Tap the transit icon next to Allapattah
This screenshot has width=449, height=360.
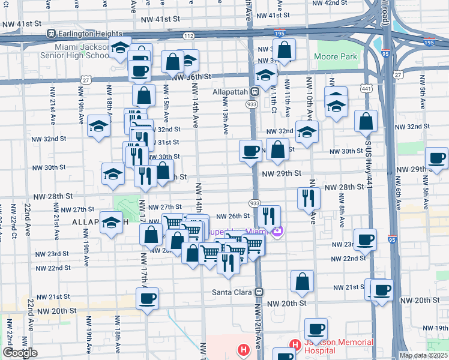255,92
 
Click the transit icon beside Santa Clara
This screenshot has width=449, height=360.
259,292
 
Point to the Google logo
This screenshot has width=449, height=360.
19,353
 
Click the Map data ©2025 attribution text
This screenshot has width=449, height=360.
423,355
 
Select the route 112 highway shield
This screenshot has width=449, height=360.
188,36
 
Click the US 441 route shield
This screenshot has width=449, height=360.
366,72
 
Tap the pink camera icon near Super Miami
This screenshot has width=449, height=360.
277,231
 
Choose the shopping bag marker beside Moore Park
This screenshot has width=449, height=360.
285,51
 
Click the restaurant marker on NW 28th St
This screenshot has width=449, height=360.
309,198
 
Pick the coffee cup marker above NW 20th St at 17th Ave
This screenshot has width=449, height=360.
148,299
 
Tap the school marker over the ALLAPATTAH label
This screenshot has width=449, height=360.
111,223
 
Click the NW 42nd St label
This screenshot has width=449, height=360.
330,3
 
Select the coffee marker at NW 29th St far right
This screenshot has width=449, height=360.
436,159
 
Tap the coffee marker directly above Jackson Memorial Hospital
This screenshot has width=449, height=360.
316,329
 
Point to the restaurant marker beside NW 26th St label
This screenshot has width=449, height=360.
269,216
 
